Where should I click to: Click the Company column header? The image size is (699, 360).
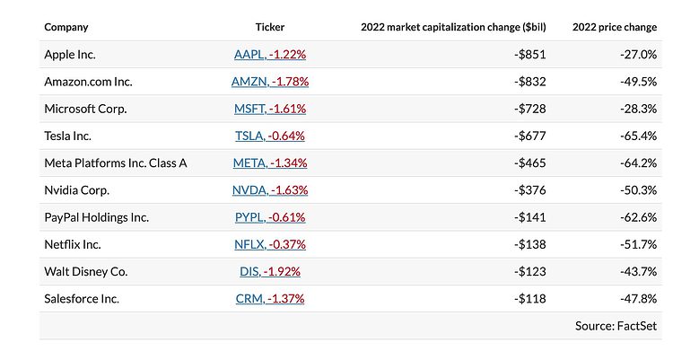click(66, 27)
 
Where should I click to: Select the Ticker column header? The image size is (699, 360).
click(269, 27)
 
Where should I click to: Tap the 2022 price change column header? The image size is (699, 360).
click(615, 27)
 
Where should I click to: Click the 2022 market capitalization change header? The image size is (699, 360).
click(453, 27)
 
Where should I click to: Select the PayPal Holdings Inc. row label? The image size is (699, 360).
click(96, 217)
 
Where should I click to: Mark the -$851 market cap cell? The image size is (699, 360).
click(529, 54)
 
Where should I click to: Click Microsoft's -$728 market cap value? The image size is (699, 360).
click(529, 109)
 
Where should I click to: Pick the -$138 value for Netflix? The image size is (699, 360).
click(529, 244)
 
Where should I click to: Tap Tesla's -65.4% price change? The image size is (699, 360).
click(638, 136)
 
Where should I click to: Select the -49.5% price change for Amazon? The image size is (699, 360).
click(638, 82)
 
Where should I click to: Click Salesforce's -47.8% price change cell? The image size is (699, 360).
click(638, 298)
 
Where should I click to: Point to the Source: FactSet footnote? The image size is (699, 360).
click(616, 326)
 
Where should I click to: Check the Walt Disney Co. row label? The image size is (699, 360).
click(85, 271)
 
